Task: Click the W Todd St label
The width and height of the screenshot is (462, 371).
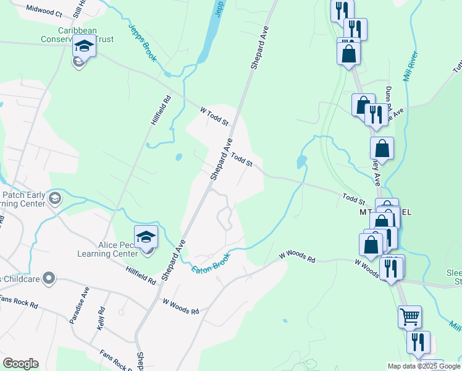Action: pyautogui.click(x=214, y=115)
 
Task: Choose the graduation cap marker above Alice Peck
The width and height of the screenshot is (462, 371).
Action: pyautogui.click(x=146, y=237)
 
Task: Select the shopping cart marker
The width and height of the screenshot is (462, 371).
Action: pyautogui.click(x=409, y=317)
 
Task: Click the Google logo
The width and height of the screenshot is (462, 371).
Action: pyautogui.click(x=20, y=364)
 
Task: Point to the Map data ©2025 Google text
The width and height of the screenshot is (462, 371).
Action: pyautogui.click(x=423, y=366)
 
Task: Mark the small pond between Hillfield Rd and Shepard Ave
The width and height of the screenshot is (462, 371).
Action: pyautogui.click(x=178, y=157)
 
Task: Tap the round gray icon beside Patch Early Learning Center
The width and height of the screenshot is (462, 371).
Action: pyautogui.click(x=55, y=198)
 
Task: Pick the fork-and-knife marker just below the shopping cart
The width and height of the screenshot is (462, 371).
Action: pyautogui.click(x=418, y=343)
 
